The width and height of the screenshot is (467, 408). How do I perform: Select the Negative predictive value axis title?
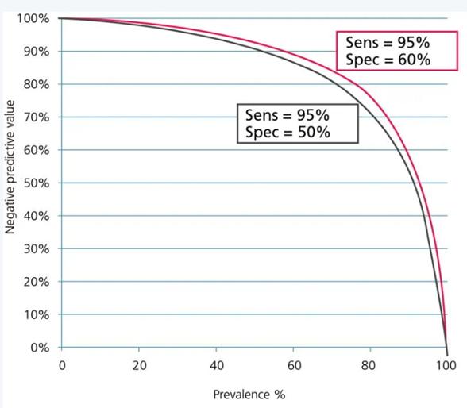pos(11,183)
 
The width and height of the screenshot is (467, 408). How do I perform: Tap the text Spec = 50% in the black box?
pos(287,132)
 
